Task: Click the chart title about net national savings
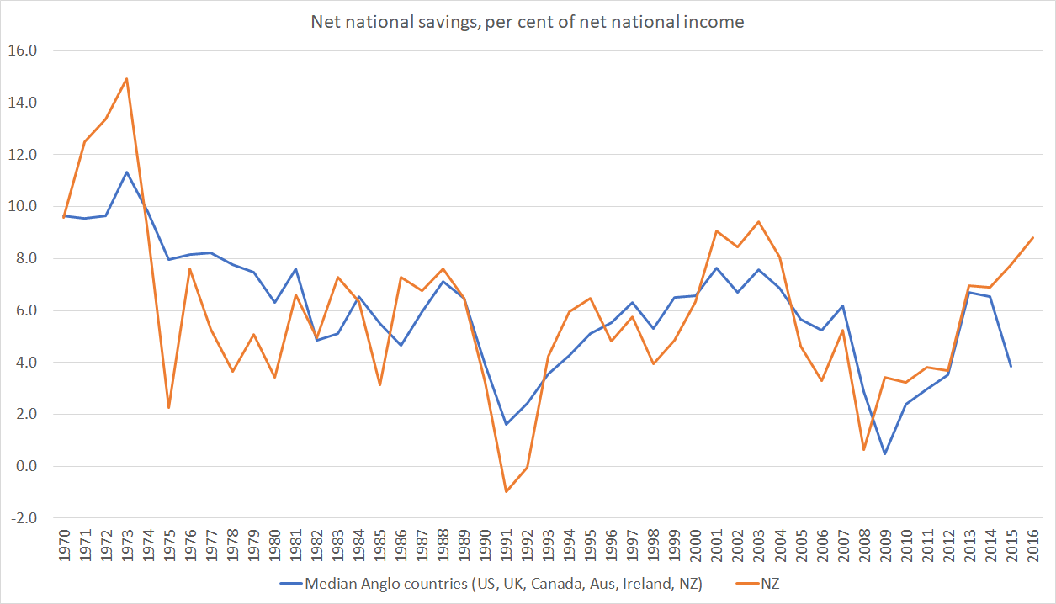[x=528, y=23]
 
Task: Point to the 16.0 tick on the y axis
[x=24, y=50]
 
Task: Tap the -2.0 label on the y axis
[x=24, y=518]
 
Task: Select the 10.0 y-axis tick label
[x=24, y=207]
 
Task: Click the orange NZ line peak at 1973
[x=126, y=79]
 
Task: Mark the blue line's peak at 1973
[x=126, y=172]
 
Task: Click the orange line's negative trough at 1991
[x=506, y=491]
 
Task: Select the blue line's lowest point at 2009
[x=885, y=453]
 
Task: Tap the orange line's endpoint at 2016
[x=1032, y=237]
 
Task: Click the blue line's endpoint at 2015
[x=1011, y=366]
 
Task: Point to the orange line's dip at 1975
[x=169, y=407]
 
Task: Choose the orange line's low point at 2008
[x=864, y=449]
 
